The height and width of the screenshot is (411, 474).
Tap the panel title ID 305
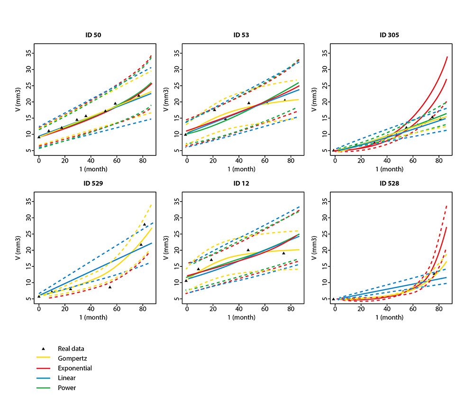point(389,35)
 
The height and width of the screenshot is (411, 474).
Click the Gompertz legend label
point(71,358)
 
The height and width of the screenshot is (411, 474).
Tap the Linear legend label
point(67,378)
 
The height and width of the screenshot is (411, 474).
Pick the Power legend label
point(67,388)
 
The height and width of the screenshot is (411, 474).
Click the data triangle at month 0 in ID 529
point(39,296)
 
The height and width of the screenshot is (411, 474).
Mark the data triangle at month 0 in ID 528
point(333,299)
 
